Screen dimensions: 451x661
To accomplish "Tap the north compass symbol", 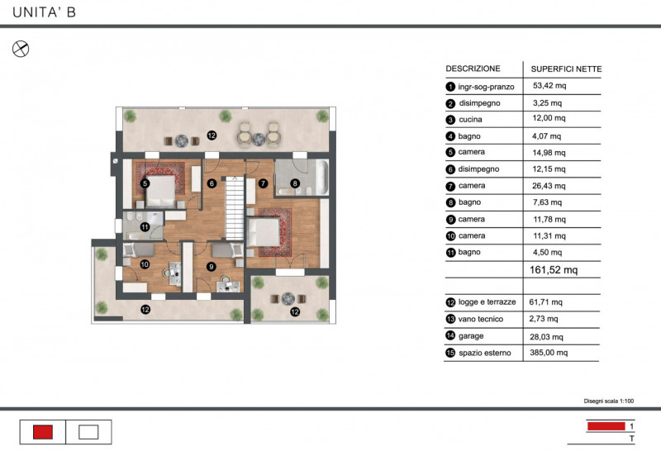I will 21,49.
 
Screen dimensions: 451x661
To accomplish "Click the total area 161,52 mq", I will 554,269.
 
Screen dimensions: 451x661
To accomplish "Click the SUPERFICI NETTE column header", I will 566,69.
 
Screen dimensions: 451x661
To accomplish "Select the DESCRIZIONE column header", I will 473,69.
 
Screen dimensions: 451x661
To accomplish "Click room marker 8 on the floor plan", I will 295,183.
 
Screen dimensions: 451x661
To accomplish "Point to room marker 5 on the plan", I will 145,183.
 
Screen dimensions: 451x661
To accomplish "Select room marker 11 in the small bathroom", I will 144,225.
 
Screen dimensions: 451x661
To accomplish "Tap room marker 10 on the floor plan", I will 144,264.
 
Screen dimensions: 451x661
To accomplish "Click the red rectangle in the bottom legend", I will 43,431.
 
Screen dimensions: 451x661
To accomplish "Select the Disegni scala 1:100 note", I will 609,401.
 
